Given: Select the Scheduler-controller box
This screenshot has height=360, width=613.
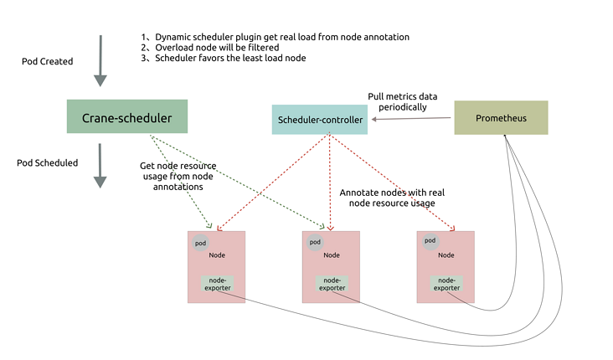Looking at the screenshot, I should click(320, 120).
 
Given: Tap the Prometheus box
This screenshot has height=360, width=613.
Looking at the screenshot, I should click(501, 118).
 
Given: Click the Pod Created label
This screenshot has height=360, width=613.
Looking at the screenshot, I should click(47, 62).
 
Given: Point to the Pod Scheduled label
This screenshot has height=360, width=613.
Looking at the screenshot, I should click(47, 162).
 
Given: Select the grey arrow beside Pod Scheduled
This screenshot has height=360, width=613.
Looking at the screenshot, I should click(100, 166).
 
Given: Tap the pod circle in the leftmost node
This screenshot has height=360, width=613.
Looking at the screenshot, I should click(200, 243).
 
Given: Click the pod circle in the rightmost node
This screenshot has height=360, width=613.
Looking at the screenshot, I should click(430, 241).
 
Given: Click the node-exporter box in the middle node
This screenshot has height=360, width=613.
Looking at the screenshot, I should click(332, 284).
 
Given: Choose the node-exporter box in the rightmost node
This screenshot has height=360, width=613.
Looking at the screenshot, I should click(446, 284).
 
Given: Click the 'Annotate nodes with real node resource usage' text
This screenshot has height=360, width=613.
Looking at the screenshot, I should click(392, 198).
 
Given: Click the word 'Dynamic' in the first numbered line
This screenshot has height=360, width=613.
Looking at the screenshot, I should click(172, 37).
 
